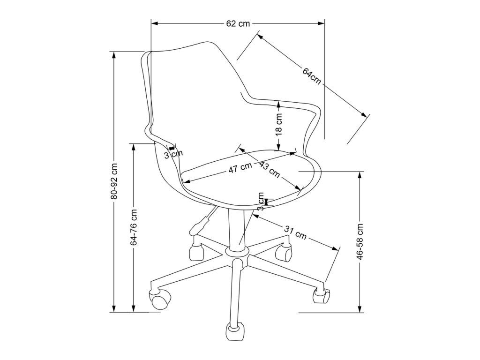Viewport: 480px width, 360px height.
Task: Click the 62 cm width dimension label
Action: coord(238,24)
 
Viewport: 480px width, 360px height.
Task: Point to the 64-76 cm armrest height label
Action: coord(134,227)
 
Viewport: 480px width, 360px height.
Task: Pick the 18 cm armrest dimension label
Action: coord(278,124)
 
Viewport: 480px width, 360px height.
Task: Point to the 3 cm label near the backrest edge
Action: coord(174,153)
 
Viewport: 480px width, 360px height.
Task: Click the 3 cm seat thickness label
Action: coord(261,202)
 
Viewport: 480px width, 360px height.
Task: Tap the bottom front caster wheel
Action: coord(236,331)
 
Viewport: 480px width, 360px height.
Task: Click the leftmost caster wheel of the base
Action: coord(159,299)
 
